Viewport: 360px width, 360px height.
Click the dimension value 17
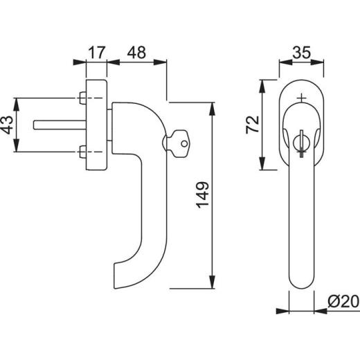[97, 53]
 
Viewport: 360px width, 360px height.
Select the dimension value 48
[136, 53]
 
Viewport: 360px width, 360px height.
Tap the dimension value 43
[8, 125]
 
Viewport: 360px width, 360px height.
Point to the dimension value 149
[203, 195]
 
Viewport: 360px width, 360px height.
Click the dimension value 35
[301, 53]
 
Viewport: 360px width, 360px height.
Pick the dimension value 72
[253, 125]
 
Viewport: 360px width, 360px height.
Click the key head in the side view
[180, 143]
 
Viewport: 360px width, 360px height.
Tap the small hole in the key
[184, 144]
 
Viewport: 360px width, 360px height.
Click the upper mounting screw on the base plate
[82, 98]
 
